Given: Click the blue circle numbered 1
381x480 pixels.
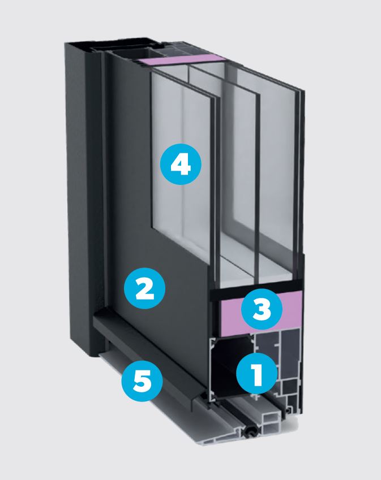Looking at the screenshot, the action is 257,374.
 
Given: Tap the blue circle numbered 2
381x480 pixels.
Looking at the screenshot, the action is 145,288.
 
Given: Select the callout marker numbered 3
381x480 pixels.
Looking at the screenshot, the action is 262,309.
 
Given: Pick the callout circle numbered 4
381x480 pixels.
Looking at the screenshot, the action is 181,164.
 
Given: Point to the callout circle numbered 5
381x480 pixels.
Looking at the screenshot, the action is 142,381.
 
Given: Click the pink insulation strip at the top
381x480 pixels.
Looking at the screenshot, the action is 181,60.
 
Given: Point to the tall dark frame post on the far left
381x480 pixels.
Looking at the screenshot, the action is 81,199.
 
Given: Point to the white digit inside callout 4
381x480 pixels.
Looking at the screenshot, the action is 181,164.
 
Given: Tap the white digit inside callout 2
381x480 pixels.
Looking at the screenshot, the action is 145,288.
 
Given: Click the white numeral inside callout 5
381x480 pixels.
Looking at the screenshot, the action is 142,381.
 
